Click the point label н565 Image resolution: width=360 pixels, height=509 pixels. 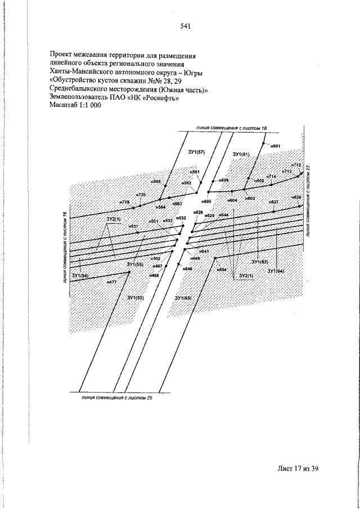pyautogui.click(x=156, y=182)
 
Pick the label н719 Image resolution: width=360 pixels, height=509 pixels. pyautogui.click(x=124, y=202)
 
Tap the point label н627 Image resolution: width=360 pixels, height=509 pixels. pyautogui.click(x=274, y=201)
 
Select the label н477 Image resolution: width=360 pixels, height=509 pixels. pyautogui.click(x=111, y=281)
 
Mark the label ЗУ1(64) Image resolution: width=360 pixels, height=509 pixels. pyautogui.click(x=276, y=271)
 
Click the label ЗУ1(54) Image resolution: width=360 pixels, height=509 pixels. pyautogui.click(x=81, y=276)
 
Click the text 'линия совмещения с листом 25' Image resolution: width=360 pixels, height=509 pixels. pyautogui.click(x=116, y=398)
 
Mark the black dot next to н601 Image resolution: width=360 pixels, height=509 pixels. pyautogui.click(x=264, y=142)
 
